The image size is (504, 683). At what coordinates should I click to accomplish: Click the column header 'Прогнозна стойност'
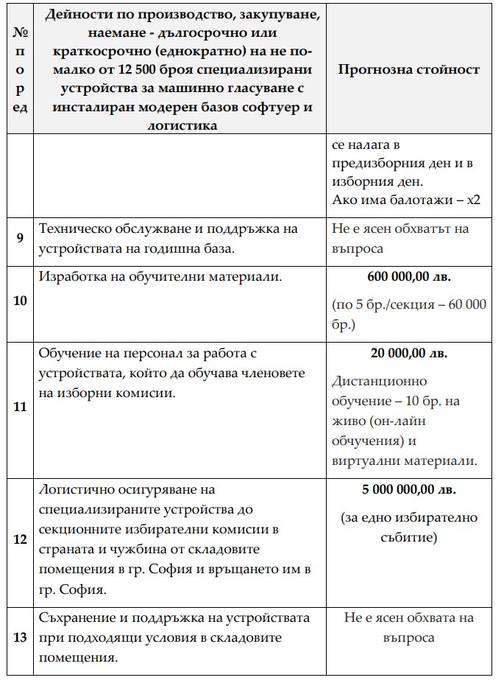click(x=409, y=69)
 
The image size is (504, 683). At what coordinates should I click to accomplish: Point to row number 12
click(x=20, y=539)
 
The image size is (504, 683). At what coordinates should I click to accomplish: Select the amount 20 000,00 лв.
click(x=409, y=353)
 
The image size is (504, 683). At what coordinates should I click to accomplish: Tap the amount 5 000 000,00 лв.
click(x=409, y=489)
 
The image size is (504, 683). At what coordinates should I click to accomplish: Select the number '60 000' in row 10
click(x=466, y=305)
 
